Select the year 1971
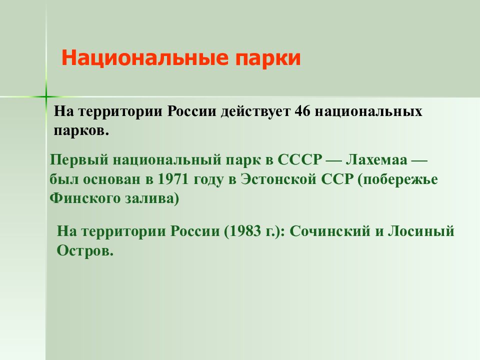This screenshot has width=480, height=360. coord(172,180)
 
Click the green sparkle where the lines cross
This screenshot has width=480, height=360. coord(45,95)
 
